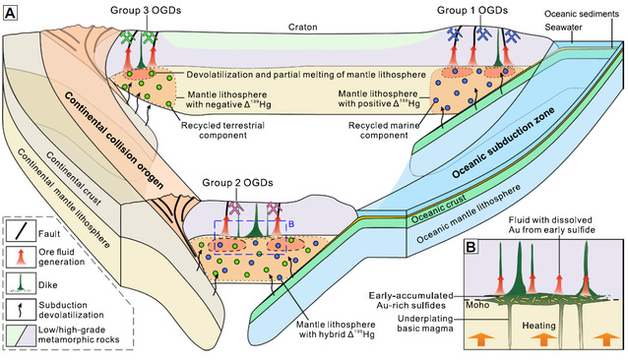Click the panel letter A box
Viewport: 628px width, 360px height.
11,13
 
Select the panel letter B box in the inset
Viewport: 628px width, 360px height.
471,247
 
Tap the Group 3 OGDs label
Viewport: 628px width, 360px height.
146,10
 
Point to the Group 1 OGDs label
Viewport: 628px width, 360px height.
472,10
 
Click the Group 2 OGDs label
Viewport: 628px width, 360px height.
237,183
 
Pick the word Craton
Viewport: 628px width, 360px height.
303,28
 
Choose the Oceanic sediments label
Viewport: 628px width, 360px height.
582,14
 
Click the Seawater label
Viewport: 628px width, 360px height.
563,28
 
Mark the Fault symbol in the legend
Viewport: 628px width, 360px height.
22,231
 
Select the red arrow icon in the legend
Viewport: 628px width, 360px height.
22,257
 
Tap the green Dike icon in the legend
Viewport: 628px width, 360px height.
22,282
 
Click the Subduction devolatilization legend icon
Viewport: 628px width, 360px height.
22,309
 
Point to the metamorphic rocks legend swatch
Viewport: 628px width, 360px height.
22,334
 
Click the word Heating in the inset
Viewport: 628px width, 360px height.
538,326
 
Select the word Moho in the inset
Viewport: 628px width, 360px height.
477,305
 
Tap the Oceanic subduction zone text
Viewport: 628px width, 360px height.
503,143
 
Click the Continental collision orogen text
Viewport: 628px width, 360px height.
114,141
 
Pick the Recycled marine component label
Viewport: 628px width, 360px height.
384,131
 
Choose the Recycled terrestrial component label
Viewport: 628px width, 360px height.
222,131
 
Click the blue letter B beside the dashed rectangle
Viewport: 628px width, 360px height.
291,224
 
